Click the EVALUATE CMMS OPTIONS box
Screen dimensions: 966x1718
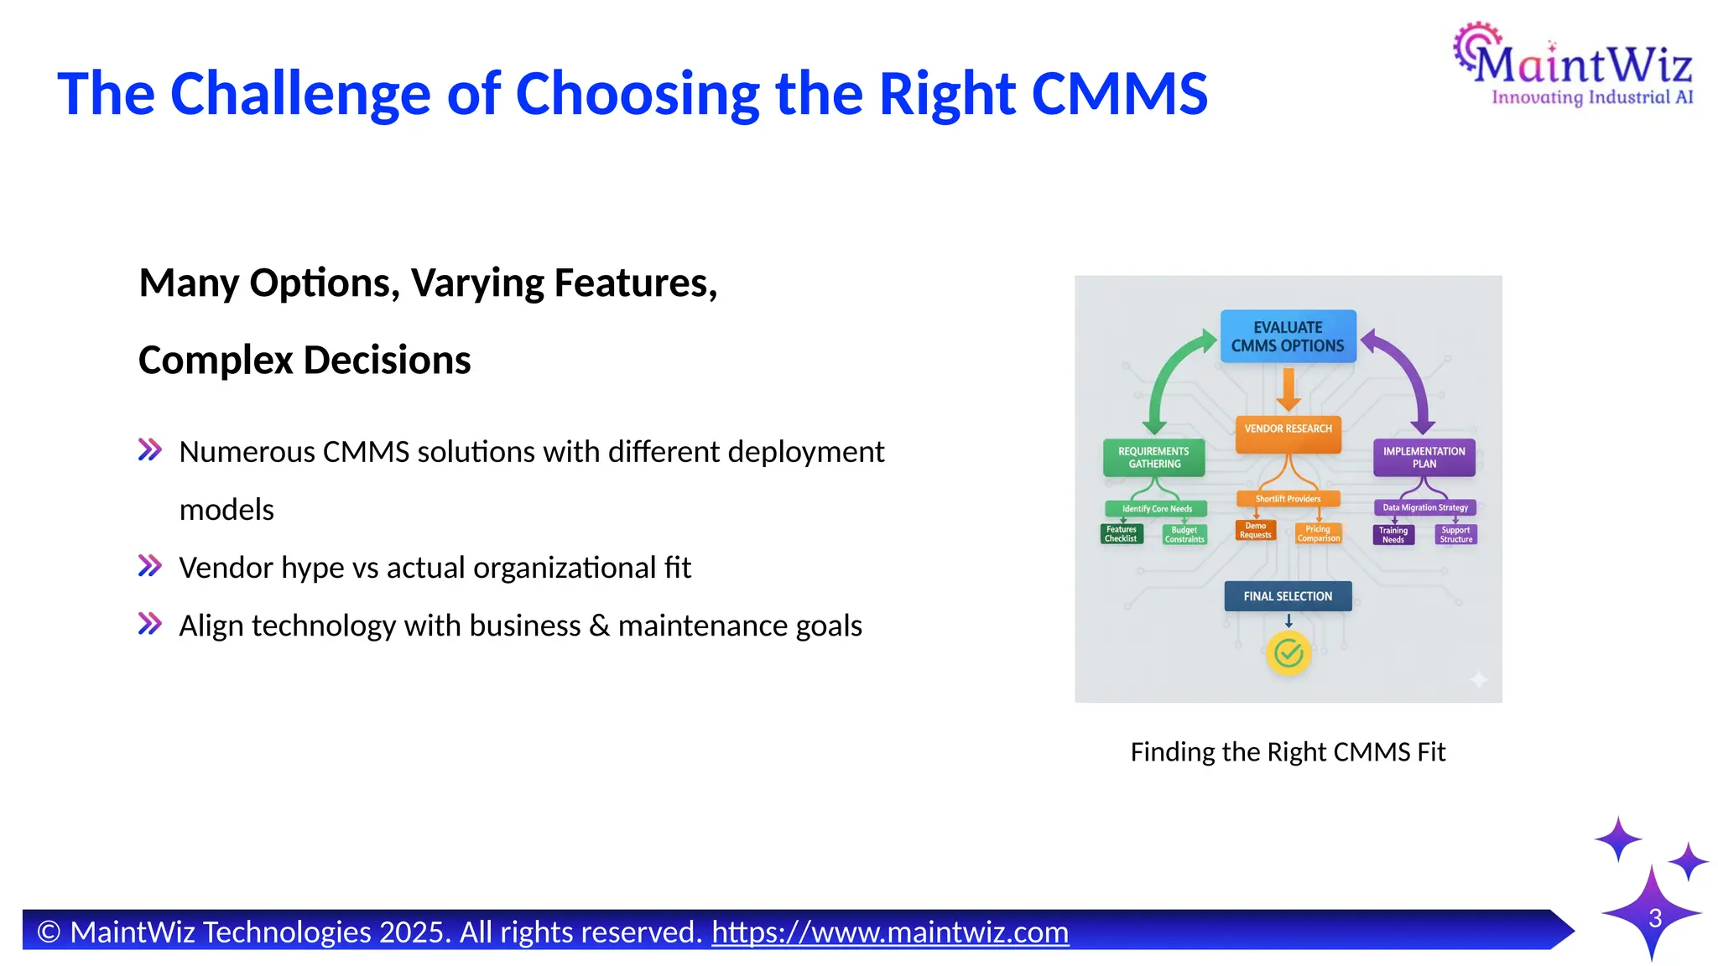tap(1288, 336)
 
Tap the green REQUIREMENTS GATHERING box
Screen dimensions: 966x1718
tap(1153, 458)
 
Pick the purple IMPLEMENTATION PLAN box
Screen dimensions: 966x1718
tap(1424, 458)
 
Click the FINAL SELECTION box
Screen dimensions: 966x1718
tap(1288, 596)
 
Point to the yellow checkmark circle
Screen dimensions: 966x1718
tap(1288, 653)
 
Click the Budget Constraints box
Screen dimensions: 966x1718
tap(1184, 535)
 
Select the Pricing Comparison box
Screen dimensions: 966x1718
tap(1318, 534)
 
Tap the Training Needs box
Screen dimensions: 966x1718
tap(1393, 535)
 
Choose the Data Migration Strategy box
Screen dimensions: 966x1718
tap(1424, 507)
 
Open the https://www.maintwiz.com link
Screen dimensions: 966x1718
tap(890, 932)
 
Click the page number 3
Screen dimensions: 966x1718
tap(1655, 918)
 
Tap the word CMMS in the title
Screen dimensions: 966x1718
tap(1119, 93)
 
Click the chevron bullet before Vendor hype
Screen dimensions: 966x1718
tap(149, 567)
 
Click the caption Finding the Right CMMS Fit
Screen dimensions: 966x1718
tap(1288, 752)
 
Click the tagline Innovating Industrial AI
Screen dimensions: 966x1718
tap(1591, 98)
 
